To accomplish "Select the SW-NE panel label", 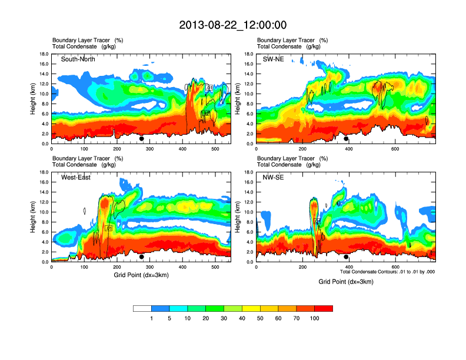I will coord(272,59).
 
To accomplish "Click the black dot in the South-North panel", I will coord(141,139).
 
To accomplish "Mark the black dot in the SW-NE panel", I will coord(346,139).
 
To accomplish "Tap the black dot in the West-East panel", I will coord(141,257).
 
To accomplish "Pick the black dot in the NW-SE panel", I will coord(346,257).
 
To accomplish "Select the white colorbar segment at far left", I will coord(142,308).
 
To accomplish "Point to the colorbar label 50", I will coord(260,318).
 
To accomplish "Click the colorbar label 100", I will coord(314,318).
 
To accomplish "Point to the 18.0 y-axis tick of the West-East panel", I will coord(44,172).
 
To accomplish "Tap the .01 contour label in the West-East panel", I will coord(108,228).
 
